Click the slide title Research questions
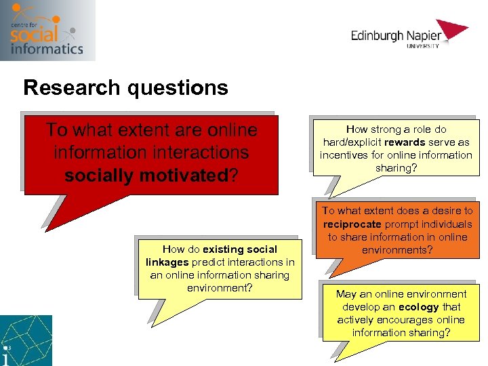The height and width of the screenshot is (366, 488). point(125,88)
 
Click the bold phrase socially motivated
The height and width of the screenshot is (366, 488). point(146,176)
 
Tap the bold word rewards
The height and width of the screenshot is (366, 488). point(405,142)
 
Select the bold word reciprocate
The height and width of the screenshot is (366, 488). point(352,224)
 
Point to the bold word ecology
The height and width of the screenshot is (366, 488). point(418,307)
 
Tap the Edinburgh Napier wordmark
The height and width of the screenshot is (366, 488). point(396,35)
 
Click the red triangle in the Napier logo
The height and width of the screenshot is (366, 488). point(453,30)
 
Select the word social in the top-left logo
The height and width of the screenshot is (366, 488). point(35,33)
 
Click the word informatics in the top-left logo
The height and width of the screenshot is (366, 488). point(47,48)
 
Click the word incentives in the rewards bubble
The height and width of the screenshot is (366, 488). point(344,155)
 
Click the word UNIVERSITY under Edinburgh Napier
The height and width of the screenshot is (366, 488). point(423,46)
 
